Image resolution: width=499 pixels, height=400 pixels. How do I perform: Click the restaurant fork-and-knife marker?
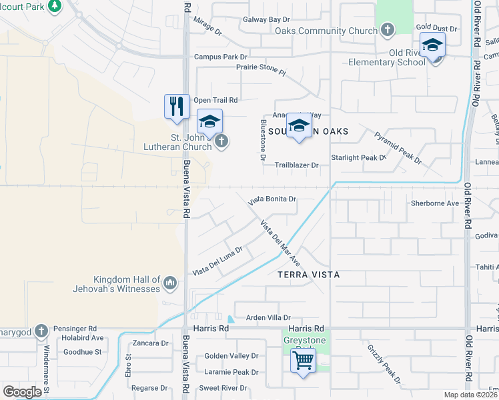(176, 107)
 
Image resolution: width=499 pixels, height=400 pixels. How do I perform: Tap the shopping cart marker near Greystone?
(304, 362)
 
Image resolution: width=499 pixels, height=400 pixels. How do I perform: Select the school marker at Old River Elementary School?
(432, 47)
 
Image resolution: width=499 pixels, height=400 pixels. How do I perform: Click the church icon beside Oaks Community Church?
(387, 29)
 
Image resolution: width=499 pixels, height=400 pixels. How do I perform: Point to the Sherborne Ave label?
(435, 203)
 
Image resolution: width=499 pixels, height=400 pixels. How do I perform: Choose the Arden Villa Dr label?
(269, 318)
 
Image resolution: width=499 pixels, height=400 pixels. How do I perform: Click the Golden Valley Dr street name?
(231, 357)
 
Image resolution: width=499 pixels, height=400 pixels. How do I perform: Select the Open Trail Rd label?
(215, 100)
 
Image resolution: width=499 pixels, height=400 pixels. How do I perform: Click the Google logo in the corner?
(22, 391)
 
